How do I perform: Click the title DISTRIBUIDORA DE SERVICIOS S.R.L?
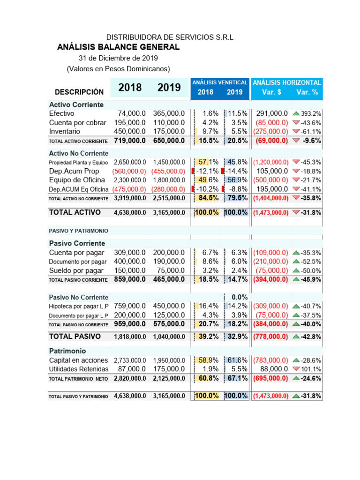[x=170, y=37]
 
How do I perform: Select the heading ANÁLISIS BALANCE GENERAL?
[x=118, y=47]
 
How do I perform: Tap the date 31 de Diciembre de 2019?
[x=118, y=58]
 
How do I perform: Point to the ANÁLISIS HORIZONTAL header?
[x=287, y=82]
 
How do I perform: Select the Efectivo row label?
[x=61, y=113]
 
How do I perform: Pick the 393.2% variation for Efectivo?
[x=311, y=114]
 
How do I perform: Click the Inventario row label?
[x=64, y=131]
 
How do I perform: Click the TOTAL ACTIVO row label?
[x=75, y=212]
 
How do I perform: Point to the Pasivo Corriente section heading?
[x=77, y=243]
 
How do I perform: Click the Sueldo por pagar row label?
[x=76, y=270]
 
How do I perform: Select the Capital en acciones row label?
[x=79, y=360]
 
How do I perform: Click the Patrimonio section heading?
[x=67, y=351]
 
